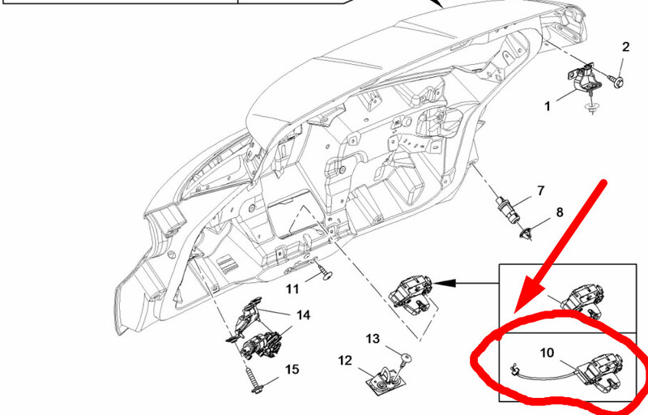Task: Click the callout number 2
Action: (x=625, y=47)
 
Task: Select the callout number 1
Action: (x=548, y=107)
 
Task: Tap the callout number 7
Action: (x=541, y=191)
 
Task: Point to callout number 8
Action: (x=559, y=212)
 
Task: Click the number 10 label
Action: (x=547, y=353)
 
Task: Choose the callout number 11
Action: (x=292, y=289)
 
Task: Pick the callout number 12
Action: (x=345, y=361)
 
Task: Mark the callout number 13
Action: (x=373, y=339)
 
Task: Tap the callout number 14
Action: (x=303, y=315)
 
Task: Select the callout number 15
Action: (x=292, y=369)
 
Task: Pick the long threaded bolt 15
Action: (x=253, y=379)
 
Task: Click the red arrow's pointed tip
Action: (x=516, y=311)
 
